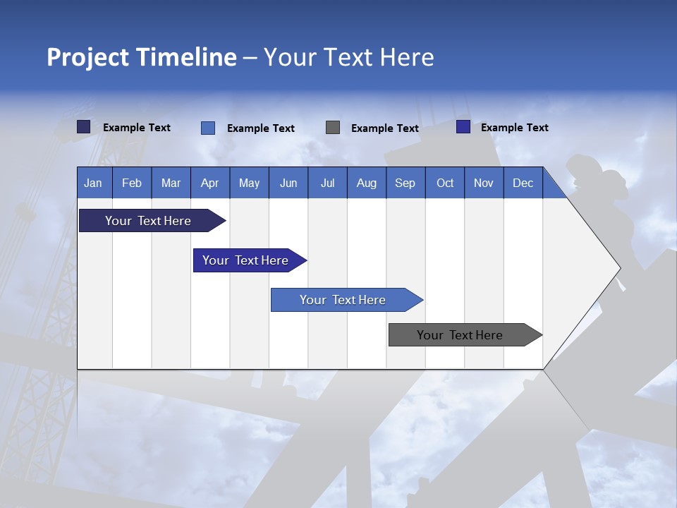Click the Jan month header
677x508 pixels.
tap(93, 183)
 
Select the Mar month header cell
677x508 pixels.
tap(171, 183)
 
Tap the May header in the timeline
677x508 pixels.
tap(249, 183)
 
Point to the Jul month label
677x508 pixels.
tap(327, 183)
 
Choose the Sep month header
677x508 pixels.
tap(405, 183)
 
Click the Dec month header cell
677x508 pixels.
tap(523, 183)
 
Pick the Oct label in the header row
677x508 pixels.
tap(445, 183)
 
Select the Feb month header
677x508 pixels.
tap(132, 183)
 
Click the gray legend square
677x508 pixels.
tap(333, 128)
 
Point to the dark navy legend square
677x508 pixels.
tap(84, 127)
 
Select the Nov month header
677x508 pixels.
tap(484, 183)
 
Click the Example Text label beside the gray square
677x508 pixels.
tap(385, 128)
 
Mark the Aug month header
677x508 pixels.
tap(366, 183)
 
